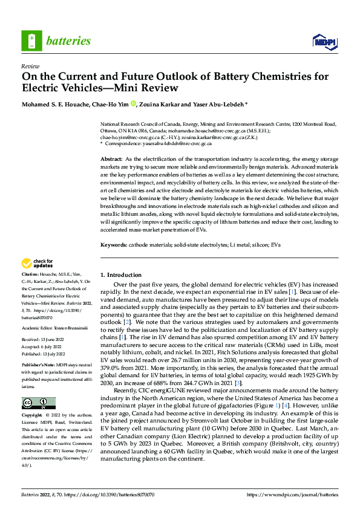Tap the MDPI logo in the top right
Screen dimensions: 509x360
324,41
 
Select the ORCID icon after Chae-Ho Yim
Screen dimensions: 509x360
142,103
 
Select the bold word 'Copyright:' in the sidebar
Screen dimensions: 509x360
33,417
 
